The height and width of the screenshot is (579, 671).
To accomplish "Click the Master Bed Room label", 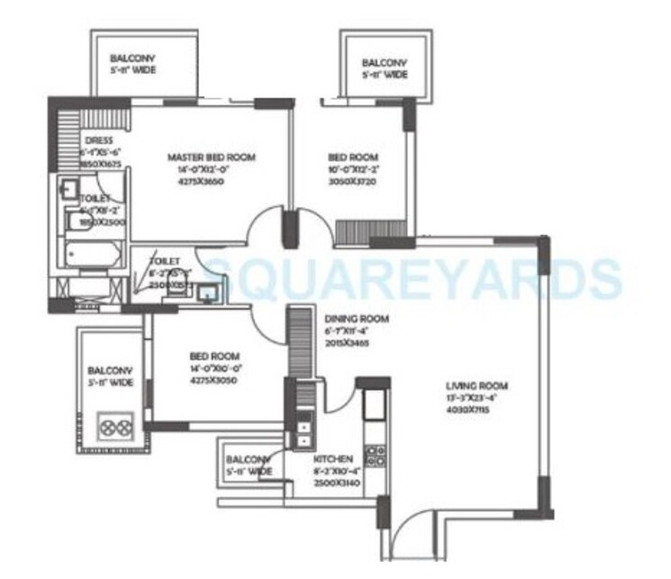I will (212, 158).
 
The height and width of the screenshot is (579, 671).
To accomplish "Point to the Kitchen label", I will (334, 459).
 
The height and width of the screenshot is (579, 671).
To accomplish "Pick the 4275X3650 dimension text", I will (212, 181).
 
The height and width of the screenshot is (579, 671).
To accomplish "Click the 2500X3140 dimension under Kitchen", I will (334, 483).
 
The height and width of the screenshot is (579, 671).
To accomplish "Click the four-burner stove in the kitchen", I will (374, 459).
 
